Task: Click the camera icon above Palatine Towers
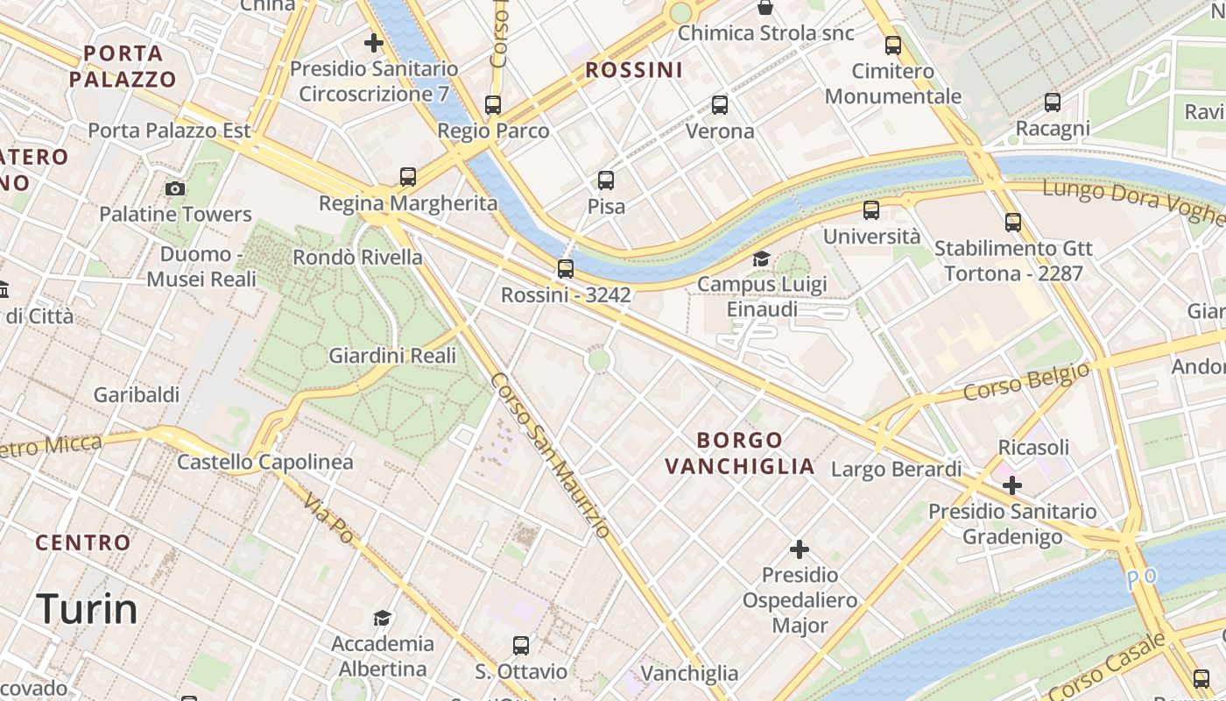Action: (175, 188)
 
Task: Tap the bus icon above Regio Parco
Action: (493, 105)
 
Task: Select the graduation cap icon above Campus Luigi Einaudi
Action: (761, 259)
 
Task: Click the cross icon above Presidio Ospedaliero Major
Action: (799, 549)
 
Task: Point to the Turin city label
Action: (87, 608)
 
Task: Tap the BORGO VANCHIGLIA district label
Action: (739, 452)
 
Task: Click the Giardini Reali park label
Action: (392, 356)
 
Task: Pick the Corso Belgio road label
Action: (1026, 381)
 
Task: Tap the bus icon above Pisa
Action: (606, 181)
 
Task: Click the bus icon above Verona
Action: (720, 105)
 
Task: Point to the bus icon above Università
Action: (871, 210)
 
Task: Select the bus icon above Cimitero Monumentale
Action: (893, 46)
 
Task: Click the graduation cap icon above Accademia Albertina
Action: (382, 619)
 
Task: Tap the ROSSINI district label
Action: (633, 70)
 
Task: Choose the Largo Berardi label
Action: (896, 469)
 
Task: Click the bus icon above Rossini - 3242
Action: (566, 269)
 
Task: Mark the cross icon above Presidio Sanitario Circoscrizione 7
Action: (374, 42)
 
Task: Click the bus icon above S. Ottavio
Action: (521, 646)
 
